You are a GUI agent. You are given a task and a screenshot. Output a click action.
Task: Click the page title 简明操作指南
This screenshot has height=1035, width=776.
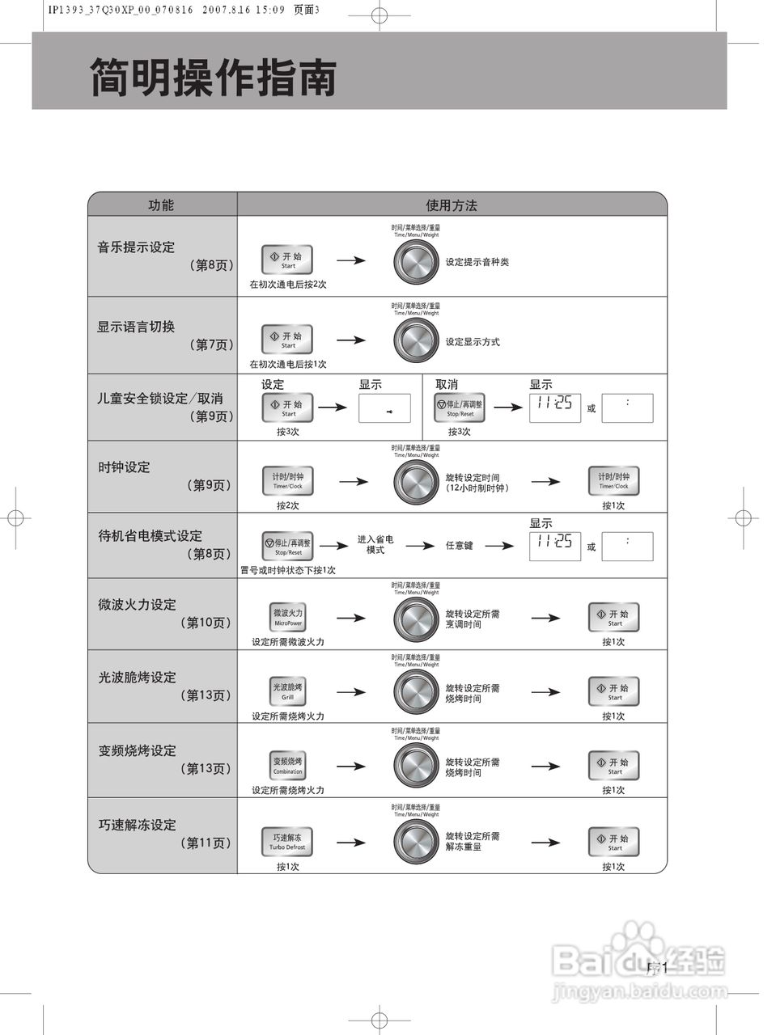pos(213,78)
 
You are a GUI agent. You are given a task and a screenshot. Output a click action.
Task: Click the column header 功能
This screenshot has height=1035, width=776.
pos(160,205)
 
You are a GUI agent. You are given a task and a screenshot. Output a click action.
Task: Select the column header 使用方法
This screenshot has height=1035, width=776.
pos(452,205)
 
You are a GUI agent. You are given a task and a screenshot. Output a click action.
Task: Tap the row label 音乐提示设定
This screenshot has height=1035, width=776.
pos(136,247)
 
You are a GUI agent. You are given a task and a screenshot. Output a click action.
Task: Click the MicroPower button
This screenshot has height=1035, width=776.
pos(288,617)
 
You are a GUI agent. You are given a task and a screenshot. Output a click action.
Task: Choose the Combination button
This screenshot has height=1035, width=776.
pos(288,766)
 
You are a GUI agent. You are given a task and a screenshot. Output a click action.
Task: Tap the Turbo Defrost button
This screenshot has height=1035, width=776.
pos(287,842)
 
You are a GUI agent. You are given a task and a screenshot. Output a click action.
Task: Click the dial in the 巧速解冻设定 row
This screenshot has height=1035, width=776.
pos(416,842)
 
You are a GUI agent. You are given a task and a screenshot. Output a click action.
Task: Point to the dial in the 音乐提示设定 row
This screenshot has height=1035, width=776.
pos(416,262)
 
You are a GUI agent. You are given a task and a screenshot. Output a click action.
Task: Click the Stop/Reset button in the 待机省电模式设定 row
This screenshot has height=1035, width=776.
pos(288,546)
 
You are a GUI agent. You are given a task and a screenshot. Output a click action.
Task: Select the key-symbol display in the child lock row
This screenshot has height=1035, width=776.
pos(384,408)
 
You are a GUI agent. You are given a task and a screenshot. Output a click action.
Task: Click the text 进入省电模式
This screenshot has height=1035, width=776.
pos(375,544)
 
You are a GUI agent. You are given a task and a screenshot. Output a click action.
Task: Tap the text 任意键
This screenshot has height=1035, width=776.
pos(459,546)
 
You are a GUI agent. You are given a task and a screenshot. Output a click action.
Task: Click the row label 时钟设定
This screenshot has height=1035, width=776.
pos(124,467)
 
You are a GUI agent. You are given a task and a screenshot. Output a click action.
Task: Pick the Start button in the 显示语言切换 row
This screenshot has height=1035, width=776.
pos(287,340)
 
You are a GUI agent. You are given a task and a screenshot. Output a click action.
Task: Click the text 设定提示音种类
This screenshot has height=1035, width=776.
pos(477,262)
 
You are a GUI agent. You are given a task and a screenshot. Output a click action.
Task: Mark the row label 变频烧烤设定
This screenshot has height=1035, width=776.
pos(137,750)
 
